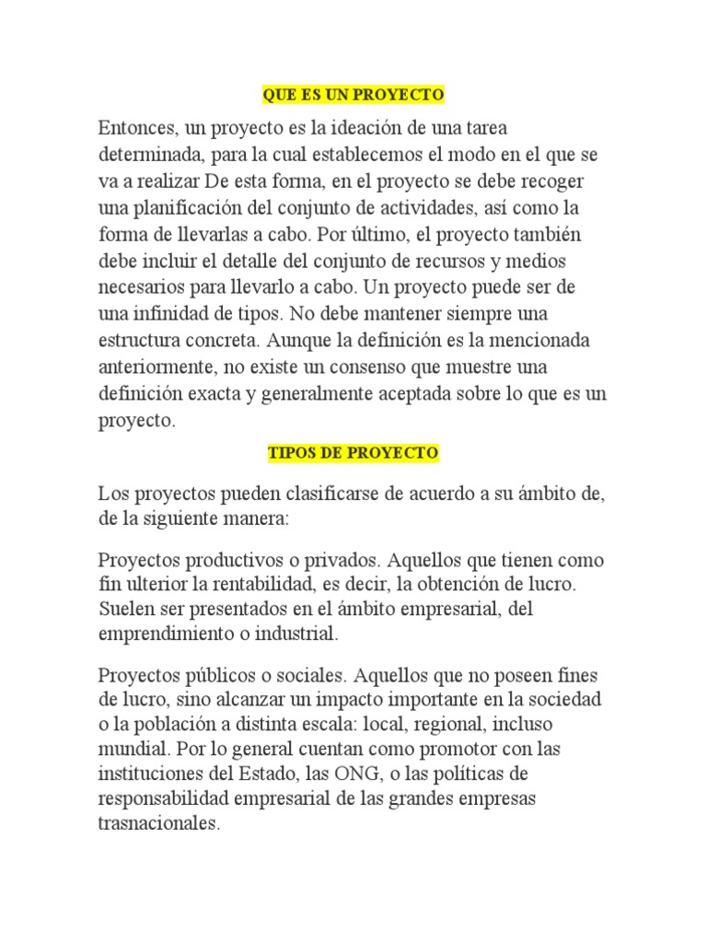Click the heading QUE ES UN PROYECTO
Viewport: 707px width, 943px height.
353,95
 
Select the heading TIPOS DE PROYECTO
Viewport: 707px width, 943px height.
353,453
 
